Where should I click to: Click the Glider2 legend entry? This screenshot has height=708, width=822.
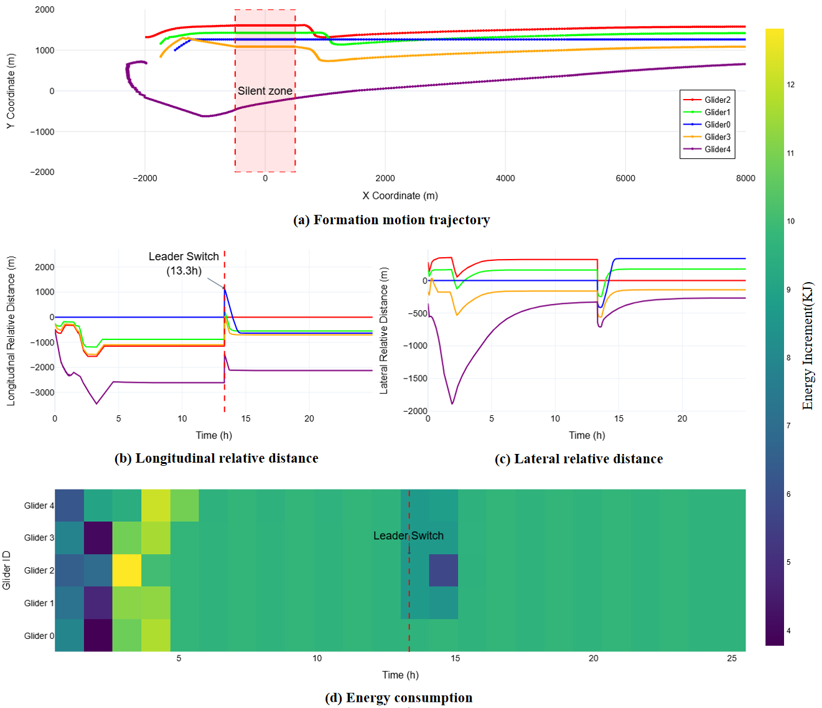click(707, 100)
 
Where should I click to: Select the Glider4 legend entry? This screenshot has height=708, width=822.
click(707, 149)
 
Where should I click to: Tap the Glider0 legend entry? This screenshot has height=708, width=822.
click(707, 125)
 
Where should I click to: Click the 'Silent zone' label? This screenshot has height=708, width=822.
click(265, 91)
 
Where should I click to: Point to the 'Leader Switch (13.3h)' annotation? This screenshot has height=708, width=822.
click(184, 263)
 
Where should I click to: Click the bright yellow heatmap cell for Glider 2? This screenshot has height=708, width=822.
click(127, 570)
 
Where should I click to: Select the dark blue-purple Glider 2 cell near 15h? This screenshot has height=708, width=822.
click(444, 570)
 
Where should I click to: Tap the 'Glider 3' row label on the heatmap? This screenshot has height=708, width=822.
click(39, 537)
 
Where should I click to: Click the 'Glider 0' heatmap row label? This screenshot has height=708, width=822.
click(39, 636)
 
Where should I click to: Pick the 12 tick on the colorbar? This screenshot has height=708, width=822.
click(791, 84)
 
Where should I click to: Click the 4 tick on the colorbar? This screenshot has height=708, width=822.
click(788, 630)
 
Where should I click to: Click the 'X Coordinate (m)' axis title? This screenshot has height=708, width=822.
click(400, 196)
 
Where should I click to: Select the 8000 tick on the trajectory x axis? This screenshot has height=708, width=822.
click(745, 178)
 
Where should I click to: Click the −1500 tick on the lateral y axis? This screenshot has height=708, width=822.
click(415, 378)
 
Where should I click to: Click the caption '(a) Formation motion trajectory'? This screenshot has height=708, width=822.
click(392, 220)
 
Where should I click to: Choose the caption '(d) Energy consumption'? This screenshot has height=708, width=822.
click(399, 697)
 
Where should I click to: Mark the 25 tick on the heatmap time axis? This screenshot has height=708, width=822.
click(732, 658)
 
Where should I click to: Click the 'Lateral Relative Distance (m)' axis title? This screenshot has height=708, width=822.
click(383, 330)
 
